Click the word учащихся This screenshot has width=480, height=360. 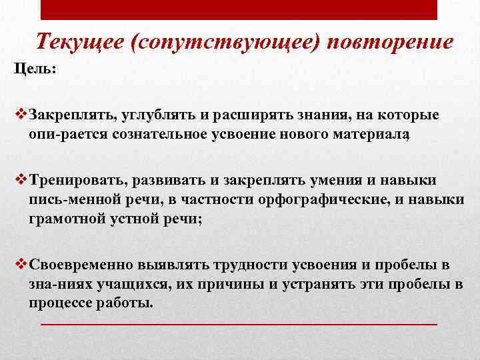(117, 284)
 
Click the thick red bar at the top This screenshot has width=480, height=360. (239, 9)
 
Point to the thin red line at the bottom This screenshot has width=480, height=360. (239, 323)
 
